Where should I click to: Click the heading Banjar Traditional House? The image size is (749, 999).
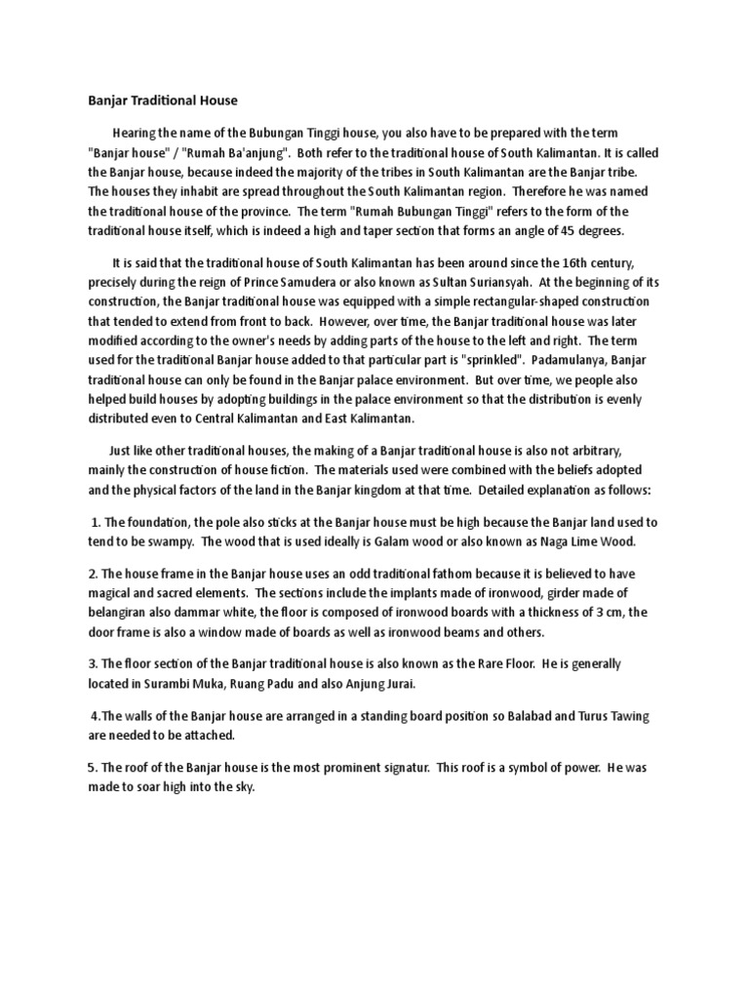[157, 100]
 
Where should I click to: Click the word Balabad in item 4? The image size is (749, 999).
[506, 716]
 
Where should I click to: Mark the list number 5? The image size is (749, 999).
[92, 768]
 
